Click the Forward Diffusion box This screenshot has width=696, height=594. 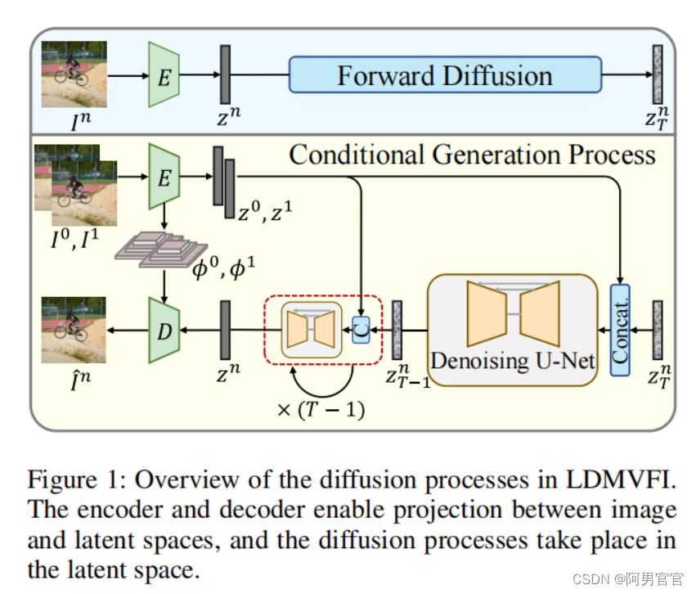[445, 76]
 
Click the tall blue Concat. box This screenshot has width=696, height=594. [620, 329]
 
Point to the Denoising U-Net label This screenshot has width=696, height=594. [513, 359]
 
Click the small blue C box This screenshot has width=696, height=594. [360, 330]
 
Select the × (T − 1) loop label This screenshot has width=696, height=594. [321, 409]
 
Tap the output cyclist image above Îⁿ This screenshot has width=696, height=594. [74, 329]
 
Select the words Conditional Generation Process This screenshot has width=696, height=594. [472, 155]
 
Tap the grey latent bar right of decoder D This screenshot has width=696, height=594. [225, 330]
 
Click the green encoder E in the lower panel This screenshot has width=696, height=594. [164, 177]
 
